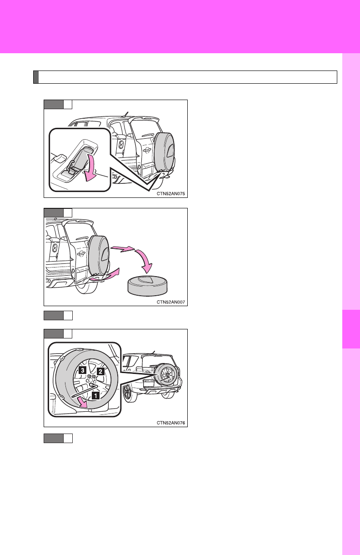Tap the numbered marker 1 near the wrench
(96, 395)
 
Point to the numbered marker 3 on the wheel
(83, 370)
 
